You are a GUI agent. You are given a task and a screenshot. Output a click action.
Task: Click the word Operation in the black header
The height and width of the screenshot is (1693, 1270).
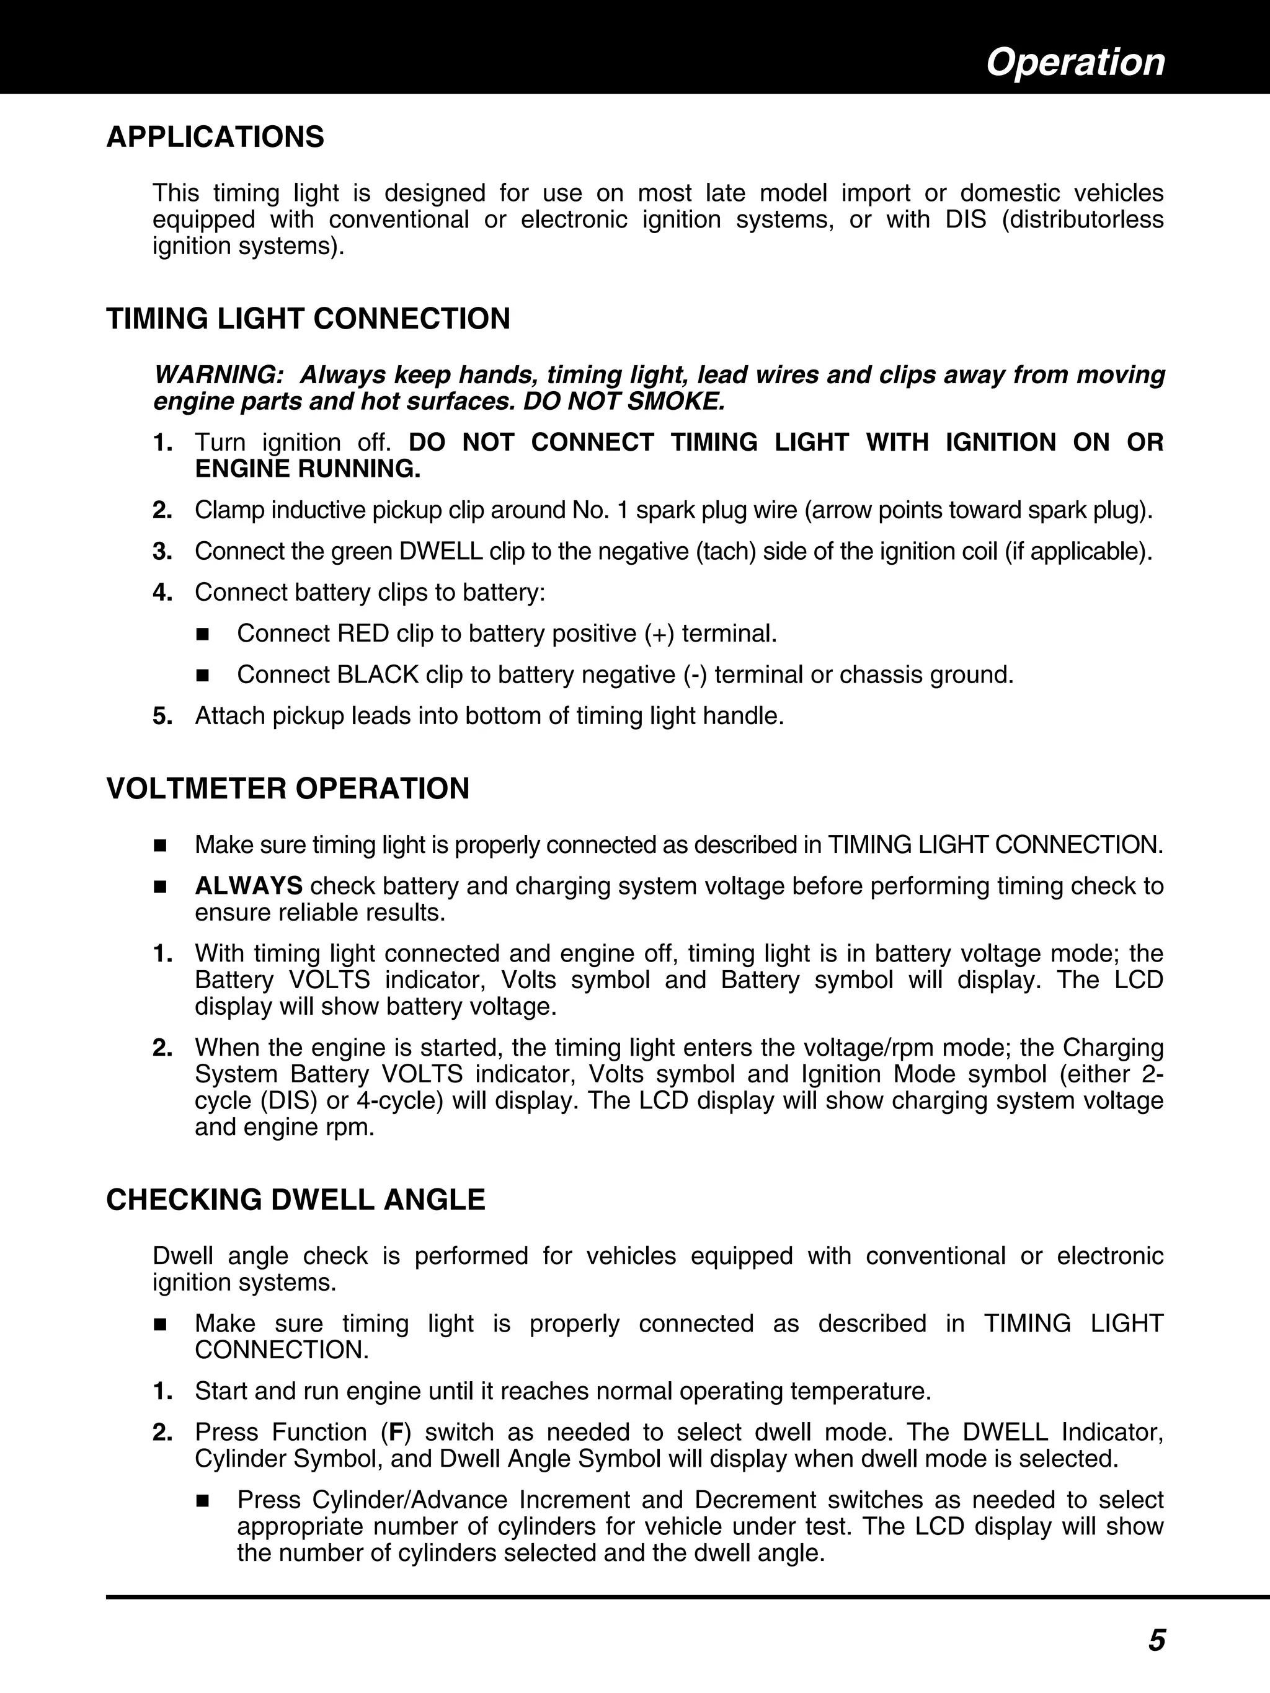[x=1075, y=62]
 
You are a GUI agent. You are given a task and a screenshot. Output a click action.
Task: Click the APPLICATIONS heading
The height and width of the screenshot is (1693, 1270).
[x=215, y=137]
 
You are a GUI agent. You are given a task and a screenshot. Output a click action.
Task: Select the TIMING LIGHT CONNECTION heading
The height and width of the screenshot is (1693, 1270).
[x=308, y=319]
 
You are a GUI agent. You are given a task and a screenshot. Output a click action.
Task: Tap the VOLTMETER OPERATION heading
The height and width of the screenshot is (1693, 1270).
[x=288, y=789]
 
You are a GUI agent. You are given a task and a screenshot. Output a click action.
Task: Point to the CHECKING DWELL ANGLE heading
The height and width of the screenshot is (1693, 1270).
[x=296, y=1200]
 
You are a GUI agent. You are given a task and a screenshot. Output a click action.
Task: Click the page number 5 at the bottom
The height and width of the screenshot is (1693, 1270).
[x=1156, y=1640]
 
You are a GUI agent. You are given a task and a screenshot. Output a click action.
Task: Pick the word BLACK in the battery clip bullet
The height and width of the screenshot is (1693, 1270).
[x=378, y=675]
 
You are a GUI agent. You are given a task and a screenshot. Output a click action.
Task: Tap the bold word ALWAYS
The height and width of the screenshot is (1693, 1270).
[x=249, y=885]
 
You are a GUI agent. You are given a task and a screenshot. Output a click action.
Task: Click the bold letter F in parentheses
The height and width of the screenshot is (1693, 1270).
[x=396, y=1432]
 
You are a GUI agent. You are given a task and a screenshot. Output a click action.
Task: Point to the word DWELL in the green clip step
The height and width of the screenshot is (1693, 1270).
[x=438, y=551]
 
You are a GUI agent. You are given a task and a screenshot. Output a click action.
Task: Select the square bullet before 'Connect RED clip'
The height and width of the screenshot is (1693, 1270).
[x=203, y=635]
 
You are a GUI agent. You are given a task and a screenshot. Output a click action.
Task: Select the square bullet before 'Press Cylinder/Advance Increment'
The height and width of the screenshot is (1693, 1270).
[x=203, y=1501]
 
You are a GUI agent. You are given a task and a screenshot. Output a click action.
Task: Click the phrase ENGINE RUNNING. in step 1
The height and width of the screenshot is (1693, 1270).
[x=308, y=469]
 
